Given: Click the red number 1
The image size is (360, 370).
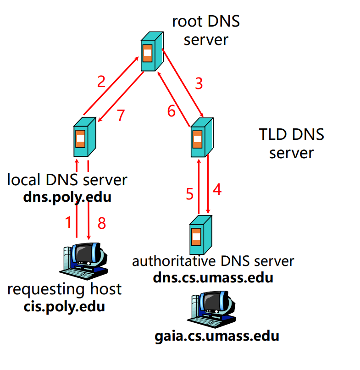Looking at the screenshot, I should point(68,223).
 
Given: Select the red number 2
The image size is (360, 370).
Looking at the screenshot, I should point(101,82).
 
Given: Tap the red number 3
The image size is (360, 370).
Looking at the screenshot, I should point(198,84).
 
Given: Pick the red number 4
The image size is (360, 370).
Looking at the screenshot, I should point(217,189).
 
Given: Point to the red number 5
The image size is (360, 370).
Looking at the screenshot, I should point(190,194).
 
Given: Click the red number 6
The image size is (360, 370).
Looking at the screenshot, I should point(171,111).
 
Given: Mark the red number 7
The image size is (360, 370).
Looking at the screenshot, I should point(121,115).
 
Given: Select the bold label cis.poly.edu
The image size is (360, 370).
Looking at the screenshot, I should point(64,306).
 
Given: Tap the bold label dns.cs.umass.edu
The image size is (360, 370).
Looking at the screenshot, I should point(213,278).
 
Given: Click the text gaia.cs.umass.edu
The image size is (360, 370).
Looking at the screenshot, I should point(216,336).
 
